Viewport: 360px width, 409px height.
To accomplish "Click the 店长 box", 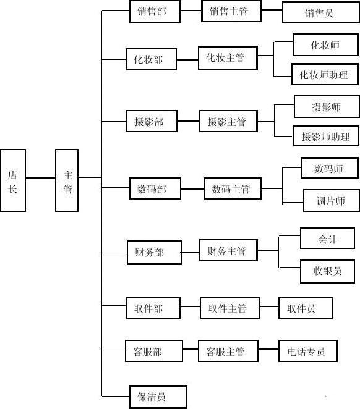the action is click(x=13, y=180).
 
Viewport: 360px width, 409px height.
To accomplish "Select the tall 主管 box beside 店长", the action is click(x=67, y=180).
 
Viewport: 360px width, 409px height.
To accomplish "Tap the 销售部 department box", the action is click(x=155, y=11).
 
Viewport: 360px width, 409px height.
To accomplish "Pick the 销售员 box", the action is click(x=321, y=12).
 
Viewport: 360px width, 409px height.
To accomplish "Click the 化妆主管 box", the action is click(x=228, y=58).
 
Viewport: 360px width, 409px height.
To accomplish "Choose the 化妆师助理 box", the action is click(x=325, y=74).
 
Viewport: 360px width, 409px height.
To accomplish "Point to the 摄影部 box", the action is click(x=152, y=121).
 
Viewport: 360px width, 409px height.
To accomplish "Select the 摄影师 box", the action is click(x=327, y=106).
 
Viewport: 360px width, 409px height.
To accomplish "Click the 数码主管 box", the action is click(x=233, y=188).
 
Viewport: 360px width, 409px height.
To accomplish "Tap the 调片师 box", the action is click(x=332, y=200).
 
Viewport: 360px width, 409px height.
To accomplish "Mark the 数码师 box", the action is click(x=330, y=167).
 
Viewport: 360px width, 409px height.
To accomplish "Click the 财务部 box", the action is click(x=154, y=253).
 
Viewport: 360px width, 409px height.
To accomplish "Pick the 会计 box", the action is click(x=327, y=238).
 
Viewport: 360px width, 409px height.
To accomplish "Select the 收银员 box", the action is click(x=327, y=271).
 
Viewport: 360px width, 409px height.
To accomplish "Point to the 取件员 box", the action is click(x=306, y=308).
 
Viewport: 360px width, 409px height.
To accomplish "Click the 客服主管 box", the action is click(x=228, y=351).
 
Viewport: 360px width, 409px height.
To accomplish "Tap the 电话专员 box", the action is click(x=308, y=351).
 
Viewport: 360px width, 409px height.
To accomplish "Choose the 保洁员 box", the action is click(x=158, y=397).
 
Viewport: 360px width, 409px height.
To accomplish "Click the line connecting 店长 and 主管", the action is click(x=40, y=178).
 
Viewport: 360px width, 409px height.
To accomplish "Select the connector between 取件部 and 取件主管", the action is click(x=190, y=306).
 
